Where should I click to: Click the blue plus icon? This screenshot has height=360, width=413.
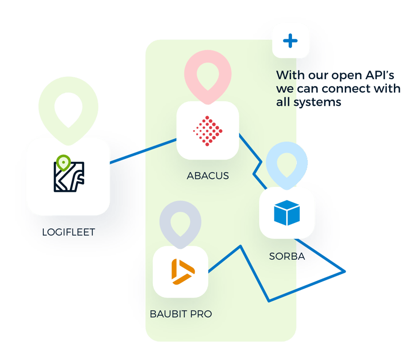click(x=290, y=41)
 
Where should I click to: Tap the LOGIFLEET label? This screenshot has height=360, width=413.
click(x=69, y=232)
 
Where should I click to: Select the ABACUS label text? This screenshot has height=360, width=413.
click(x=208, y=175)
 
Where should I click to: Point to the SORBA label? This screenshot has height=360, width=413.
click(x=287, y=256)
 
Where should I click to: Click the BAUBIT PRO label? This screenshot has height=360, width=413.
click(x=181, y=314)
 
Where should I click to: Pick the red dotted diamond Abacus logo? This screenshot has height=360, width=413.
click(x=208, y=131)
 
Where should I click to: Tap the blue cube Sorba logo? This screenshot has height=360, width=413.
click(x=287, y=213)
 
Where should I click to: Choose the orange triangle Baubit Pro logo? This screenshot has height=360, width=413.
click(x=183, y=272)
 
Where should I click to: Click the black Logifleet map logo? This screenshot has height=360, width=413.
click(x=69, y=176)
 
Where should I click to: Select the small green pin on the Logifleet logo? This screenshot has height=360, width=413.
click(x=63, y=163)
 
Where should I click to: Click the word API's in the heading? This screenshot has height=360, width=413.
click(x=380, y=75)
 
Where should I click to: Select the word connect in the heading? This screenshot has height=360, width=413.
click(x=347, y=89)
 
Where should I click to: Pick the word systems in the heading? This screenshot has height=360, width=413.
click(x=317, y=103)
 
